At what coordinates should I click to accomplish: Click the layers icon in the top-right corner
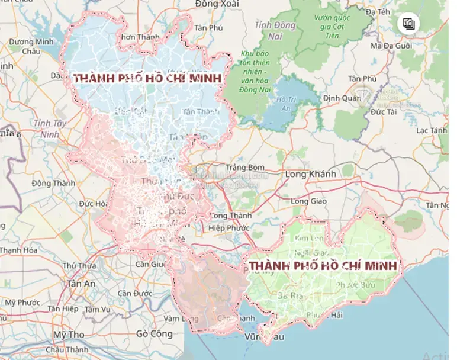click(x=409, y=24)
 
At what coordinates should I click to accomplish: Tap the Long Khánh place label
click(x=310, y=174)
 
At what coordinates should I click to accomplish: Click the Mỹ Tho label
click(x=67, y=335)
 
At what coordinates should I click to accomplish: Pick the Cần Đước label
click(x=135, y=293)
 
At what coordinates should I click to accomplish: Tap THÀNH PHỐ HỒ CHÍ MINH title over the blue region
click(x=147, y=79)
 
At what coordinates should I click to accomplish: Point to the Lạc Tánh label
click(x=432, y=130)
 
